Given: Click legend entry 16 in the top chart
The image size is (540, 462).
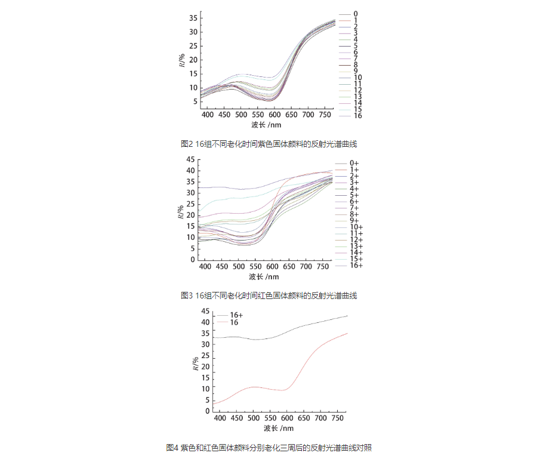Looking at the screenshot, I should coord(356,115).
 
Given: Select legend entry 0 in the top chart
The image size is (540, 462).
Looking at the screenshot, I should coord(356,13).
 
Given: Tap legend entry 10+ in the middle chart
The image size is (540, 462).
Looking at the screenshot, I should coord(356,227).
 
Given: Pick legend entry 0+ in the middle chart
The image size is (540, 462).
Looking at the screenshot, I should coord(354,163).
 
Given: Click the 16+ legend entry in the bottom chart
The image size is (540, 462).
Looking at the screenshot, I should coord(236,315).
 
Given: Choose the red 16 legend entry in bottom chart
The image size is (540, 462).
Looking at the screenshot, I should coord(234,322).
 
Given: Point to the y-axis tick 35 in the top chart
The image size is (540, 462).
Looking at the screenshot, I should coord(193,18).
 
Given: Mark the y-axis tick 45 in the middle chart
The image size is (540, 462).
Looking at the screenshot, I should coord(190,159).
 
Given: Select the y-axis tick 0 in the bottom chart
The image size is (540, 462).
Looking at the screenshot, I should coord(207,411).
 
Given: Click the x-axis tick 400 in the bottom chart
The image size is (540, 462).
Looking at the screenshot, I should coord(220,419).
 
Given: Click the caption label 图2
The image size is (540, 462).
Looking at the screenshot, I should coord(186,144).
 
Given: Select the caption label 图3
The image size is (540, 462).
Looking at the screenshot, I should coord(186,295).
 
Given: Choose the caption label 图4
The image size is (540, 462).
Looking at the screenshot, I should coord(172,447).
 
